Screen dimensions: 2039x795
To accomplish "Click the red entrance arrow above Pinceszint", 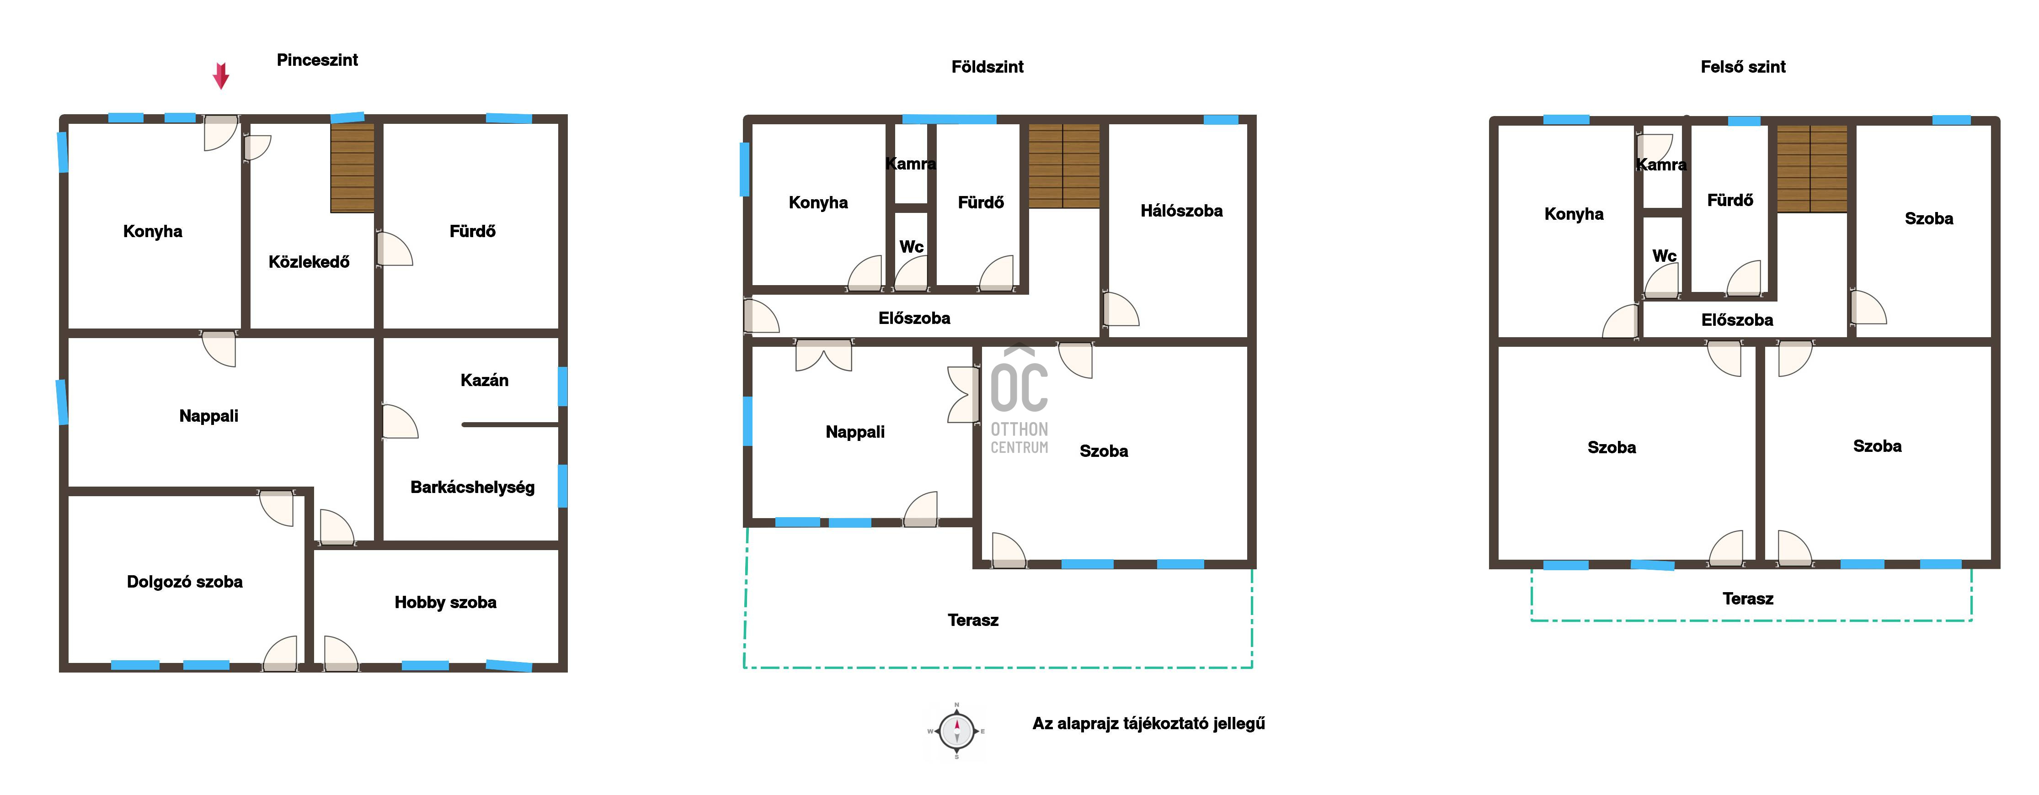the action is [x=221, y=76].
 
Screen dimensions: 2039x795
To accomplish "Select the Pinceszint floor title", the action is [x=317, y=60].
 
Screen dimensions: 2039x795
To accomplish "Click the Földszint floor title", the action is [x=987, y=66].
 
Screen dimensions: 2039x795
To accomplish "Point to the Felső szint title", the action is [x=1743, y=66].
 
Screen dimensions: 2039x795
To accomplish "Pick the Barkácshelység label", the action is [x=473, y=488].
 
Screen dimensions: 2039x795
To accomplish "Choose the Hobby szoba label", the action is [x=446, y=603].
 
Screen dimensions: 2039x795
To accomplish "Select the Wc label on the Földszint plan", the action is [x=911, y=247].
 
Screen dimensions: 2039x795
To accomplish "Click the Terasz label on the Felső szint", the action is [x=1748, y=599].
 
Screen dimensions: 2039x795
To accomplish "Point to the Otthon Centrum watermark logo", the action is [x=1019, y=399].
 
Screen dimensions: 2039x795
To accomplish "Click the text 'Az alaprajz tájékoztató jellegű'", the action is [x=1148, y=724].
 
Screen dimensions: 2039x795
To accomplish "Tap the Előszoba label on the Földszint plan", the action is [x=914, y=318].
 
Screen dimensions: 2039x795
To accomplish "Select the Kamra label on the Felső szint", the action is [x=1661, y=164].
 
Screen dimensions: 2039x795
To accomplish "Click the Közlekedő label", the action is [x=309, y=262].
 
